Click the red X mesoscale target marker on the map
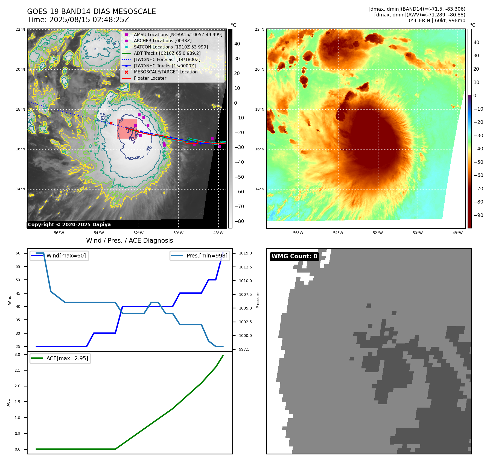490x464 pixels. tap(111, 123)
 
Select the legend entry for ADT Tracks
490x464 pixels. tap(167, 53)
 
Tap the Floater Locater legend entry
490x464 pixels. tap(150, 78)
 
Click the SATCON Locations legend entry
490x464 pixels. tap(171, 47)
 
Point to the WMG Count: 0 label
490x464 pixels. tap(294, 256)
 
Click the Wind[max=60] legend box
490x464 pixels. tap(59, 256)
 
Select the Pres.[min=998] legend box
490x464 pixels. tap(200, 256)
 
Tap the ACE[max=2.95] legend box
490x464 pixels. tap(60, 358)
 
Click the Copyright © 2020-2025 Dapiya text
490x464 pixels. tap(69, 225)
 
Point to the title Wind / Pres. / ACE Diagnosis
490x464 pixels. tap(129, 240)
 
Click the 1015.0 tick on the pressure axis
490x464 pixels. tap(245, 253)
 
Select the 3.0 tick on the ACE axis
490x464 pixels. tap(17, 354)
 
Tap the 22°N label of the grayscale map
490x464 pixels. tap(20, 30)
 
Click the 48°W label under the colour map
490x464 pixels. tap(457, 233)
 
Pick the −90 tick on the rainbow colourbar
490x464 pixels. tap(478, 215)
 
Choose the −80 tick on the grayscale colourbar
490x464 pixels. tap(239, 221)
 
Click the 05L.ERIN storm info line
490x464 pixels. tap(437, 21)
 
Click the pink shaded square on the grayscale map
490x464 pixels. tap(127, 128)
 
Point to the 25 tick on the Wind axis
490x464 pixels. tap(18, 346)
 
